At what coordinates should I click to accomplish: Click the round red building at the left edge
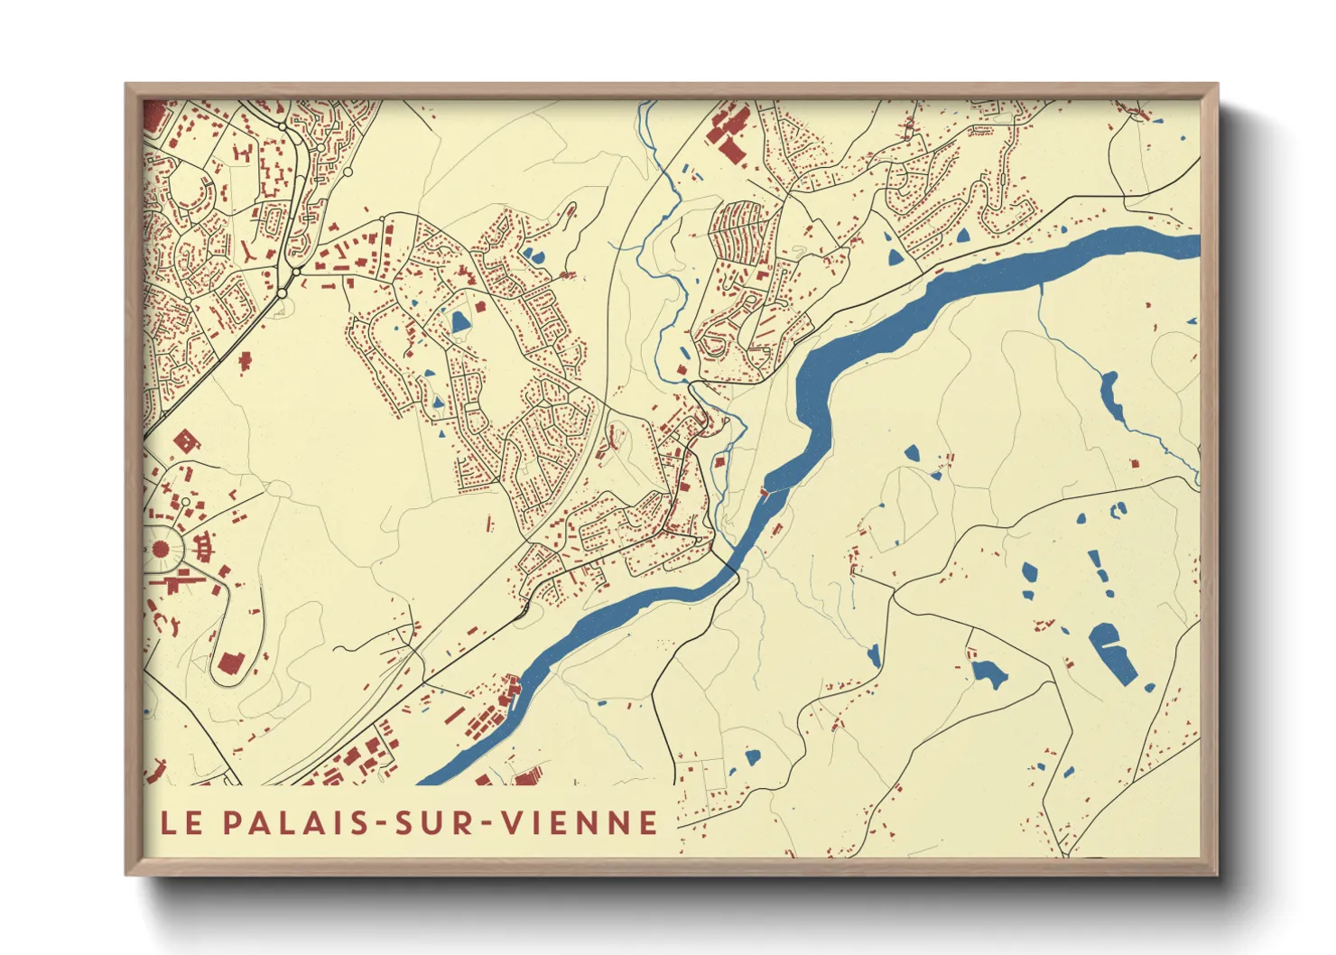[x=162, y=548]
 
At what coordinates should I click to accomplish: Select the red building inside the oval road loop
[x=229, y=664]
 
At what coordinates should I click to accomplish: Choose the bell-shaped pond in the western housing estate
[x=460, y=321]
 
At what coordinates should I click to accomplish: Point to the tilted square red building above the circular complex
[x=186, y=441]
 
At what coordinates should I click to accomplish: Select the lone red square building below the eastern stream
[x=1135, y=463]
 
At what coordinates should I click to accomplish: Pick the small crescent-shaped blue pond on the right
[x=1119, y=510]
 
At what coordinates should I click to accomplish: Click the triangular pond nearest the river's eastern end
[x=962, y=236]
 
